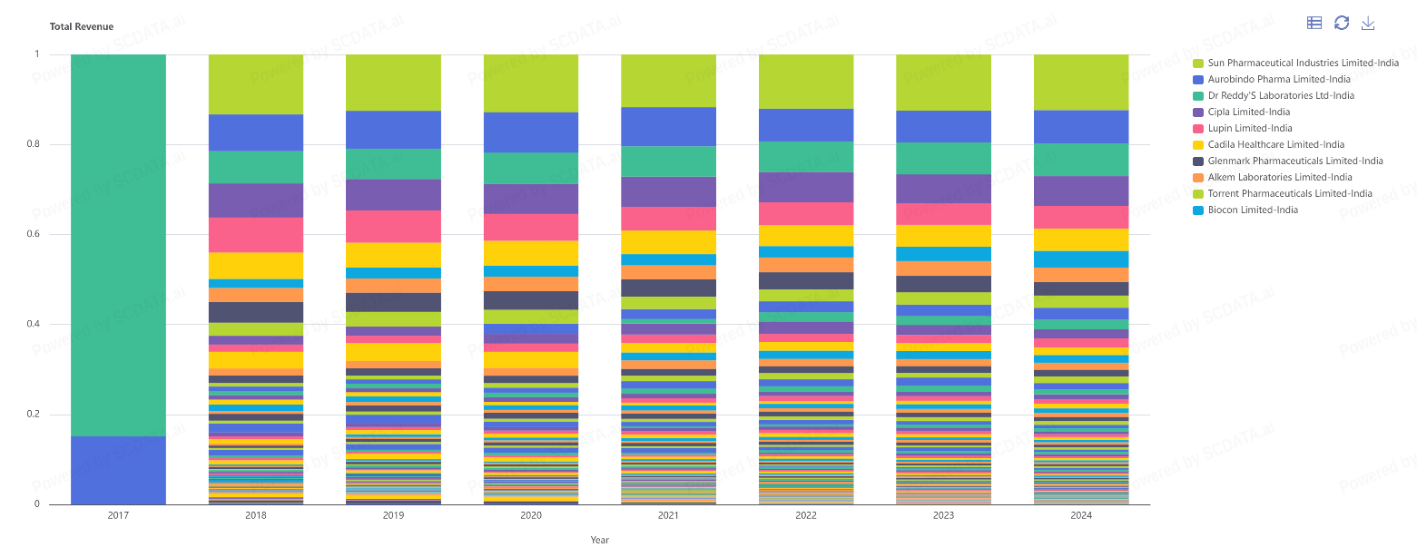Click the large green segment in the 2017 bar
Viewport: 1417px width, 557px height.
pyautogui.click(x=118, y=245)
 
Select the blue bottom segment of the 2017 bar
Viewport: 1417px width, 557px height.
pyautogui.click(x=118, y=470)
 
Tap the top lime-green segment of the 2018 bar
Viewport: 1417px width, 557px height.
pyautogui.click(x=256, y=84)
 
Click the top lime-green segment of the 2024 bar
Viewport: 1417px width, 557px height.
pyautogui.click(x=1081, y=83)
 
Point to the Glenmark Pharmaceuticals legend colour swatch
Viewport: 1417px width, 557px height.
pyautogui.click(x=1198, y=161)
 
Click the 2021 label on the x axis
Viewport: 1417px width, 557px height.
pyautogui.click(x=668, y=516)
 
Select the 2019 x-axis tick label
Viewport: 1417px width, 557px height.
pyautogui.click(x=393, y=516)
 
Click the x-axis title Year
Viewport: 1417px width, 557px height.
pyautogui.click(x=599, y=541)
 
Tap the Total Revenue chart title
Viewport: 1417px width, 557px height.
pyautogui.click(x=82, y=27)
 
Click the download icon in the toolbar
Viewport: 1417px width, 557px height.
pyautogui.click(x=1368, y=23)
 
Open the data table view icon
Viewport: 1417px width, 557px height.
pyautogui.click(x=1314, y=23)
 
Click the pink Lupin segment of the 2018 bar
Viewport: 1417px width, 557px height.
pyautogui.click(x=256, y=235)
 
